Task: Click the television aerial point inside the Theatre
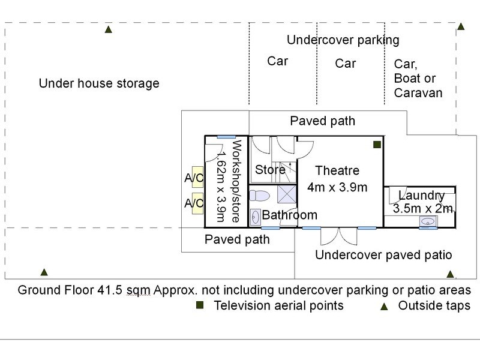point(377,145)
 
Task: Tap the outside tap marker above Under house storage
point(109,29)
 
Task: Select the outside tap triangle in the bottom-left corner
point(44,272)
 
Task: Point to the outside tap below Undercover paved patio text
point(450,274)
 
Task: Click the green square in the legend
point(200,305)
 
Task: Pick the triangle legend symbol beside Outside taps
point(384,307)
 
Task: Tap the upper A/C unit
point(197,176)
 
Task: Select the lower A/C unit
point(197,203)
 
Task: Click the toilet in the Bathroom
point(259,196)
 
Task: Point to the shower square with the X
point(287,194)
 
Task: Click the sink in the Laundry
point(428,221)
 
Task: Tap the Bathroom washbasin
point(256,217)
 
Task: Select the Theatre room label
point(337,170)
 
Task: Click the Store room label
point(270,170)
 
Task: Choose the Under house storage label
point(99,83)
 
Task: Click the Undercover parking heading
point(343,40)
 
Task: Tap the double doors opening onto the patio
point(339,236)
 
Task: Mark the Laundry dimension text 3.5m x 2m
point(423,208)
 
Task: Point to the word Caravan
point(418,93)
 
